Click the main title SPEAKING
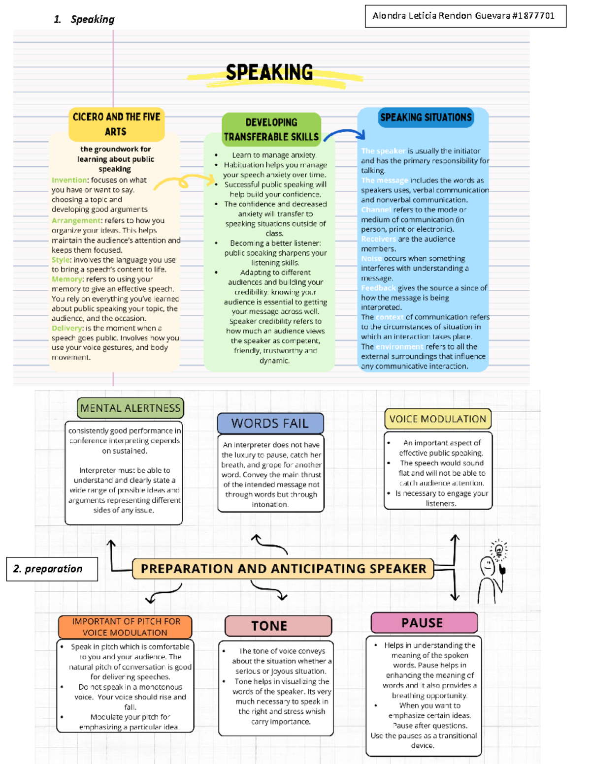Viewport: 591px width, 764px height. click(x=269, y=73)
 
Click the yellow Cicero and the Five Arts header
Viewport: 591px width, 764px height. click(x=116, y=124)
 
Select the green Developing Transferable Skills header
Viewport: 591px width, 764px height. click(x=271, y=129)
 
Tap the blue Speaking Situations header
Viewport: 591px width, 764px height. click(x=426, y=118)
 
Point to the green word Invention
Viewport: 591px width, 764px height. click(x=69, y=181)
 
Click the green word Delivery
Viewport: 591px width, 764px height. click(x=67, y=328)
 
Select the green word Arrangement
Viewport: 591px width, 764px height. click(x=76, y=220)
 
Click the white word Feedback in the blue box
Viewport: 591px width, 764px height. click(x=378, y=288)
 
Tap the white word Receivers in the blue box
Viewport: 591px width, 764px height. click(x=378, y=239)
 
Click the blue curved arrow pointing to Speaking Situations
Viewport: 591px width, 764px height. click(x=345, y=134)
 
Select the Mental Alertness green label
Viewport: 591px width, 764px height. click(x=131, y=408)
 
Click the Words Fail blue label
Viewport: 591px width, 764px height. click(x=270, y=424)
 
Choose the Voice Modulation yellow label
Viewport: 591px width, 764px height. click(x=437, y=419)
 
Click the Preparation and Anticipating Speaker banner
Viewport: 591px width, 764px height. click(x=283, y=569)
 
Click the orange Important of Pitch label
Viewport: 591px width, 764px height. click(x=125, y=627)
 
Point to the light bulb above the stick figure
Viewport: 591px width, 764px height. click(x=498, y=549)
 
